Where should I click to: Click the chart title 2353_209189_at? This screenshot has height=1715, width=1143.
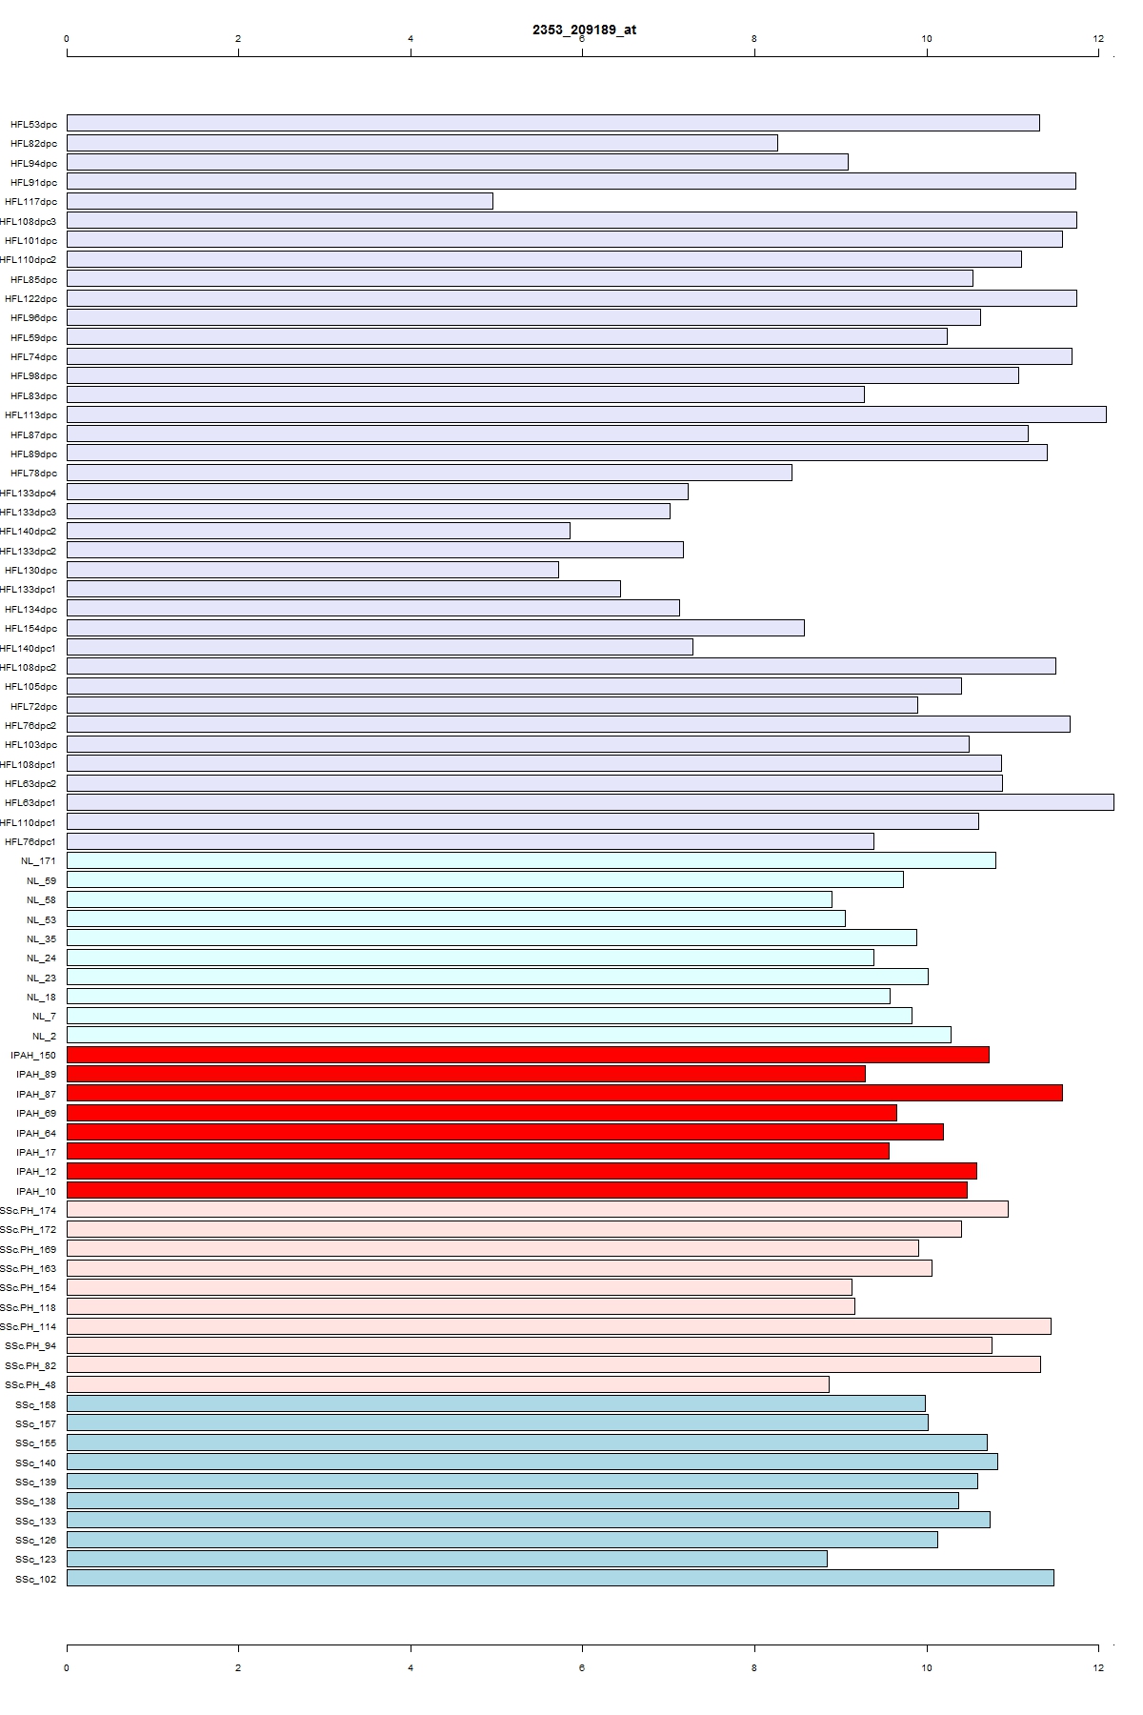(x=584, y=30)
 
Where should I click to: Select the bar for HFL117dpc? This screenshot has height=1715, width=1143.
(x=280, y=201)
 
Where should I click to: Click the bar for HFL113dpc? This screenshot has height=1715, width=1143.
(x=586, y=414)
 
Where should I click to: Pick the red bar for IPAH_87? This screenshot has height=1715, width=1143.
(x=564, y=1093)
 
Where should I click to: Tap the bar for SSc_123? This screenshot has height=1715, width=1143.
(x=447, y=1559)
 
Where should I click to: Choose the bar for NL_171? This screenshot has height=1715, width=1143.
(x=531, y=860)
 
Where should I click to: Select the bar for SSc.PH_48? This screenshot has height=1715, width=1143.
(x=448, y=1384)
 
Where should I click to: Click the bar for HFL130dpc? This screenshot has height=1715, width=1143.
(x=312, y=570)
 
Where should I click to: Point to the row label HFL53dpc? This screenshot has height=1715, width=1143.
(x=33, y=124)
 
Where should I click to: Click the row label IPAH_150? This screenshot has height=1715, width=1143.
(x=33, y=1055)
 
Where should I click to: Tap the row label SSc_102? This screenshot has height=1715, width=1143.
(x=35, y=1579)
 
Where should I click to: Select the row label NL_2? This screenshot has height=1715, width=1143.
(x=44, y=1036)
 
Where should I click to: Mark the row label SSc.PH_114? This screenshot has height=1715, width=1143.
(x=29, y=1326)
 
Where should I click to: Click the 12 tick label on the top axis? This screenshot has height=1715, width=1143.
(x=1098, y=39)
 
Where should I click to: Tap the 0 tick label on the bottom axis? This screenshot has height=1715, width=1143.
(x=67, y=1667)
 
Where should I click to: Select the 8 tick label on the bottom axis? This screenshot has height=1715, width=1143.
(x=754, y=1667)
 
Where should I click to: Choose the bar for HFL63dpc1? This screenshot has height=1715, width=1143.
(x=590, y=802)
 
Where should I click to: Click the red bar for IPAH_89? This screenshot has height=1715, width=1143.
(x=466, y=1074)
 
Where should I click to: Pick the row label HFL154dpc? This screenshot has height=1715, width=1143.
(x=30, y=628)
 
